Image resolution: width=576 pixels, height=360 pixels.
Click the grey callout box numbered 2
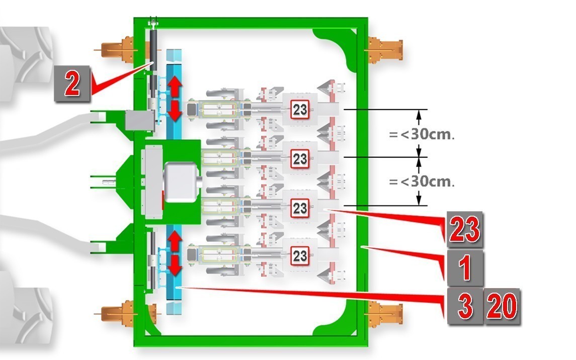tap(72, 83)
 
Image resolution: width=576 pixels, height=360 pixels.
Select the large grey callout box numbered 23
tap(465, 229)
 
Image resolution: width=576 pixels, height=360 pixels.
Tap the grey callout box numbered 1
tap(465, 268)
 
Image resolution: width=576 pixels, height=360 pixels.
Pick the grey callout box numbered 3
tap(464, 306)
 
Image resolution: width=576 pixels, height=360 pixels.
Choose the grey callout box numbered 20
tap(502, 306)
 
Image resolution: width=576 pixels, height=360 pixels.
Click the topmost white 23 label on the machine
tap(300, 110)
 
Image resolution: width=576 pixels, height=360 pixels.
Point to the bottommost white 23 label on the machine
tap(300, 255)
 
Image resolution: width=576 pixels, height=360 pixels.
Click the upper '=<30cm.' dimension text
tap(422, 134)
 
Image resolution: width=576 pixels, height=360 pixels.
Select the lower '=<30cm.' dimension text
tap(422, 182)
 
